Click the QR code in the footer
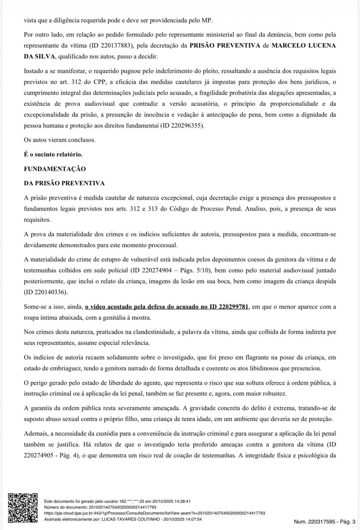coord(23,508)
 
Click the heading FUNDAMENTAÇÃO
coord(55,169)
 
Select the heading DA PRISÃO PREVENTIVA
coord(64,183)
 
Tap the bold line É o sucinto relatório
coord(53,154)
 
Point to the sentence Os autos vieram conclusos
coord(60,140)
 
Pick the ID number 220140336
coord(49,292)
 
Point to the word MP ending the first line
coord(206,20)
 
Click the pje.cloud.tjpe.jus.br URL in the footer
coord(154,513)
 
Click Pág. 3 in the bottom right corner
coord(347,522)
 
